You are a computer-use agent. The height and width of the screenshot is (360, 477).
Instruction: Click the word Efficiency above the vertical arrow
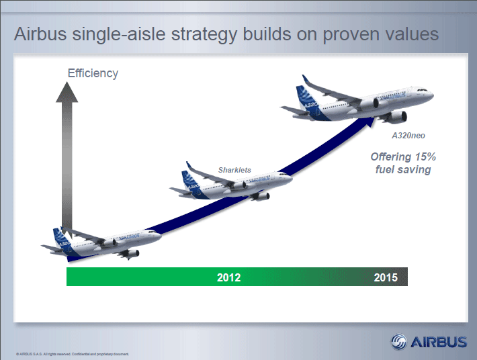click(93, 73)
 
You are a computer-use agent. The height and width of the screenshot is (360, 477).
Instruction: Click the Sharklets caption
click(234, 170)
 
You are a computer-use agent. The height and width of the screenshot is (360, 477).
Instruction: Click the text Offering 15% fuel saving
click(403, 163)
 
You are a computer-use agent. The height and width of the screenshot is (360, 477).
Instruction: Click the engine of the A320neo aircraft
click(397, 117)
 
